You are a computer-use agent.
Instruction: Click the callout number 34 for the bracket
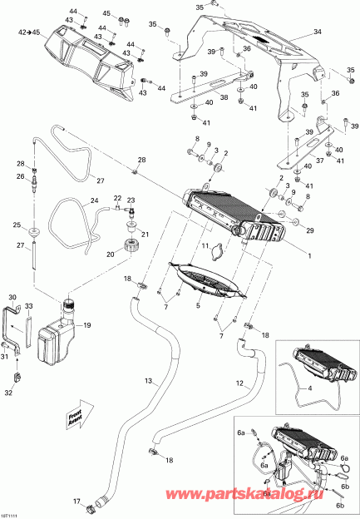click(x=315, y=32)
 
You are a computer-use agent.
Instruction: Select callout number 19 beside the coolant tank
click(x=87, y=325)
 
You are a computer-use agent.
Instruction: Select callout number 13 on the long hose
click(x=149, y=381)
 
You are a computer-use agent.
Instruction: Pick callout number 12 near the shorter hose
click(x=239, y=383)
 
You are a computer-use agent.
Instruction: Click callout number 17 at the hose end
click(x=75, y=501)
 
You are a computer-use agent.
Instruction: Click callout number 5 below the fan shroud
click(x=197, y=305)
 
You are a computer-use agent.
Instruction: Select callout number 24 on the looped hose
click(x=94, y=200)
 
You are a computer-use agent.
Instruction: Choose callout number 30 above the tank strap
click(x=12, y=297)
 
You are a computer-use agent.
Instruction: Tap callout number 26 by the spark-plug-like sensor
click(x=21, y=176)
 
